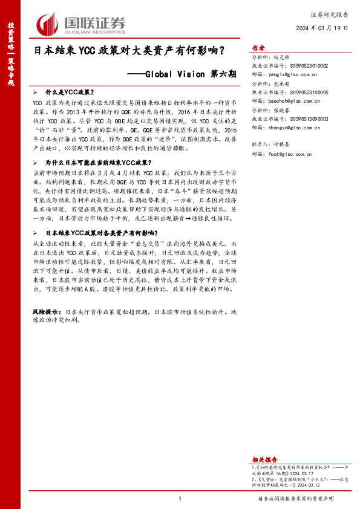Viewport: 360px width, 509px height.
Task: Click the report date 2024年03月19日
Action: [323, 28]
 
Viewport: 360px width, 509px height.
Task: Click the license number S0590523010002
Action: [309, 65]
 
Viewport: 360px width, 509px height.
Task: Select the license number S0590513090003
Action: [309, 120]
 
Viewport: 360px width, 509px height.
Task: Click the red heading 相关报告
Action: [263, 460]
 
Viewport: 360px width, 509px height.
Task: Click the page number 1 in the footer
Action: [180, 498]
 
